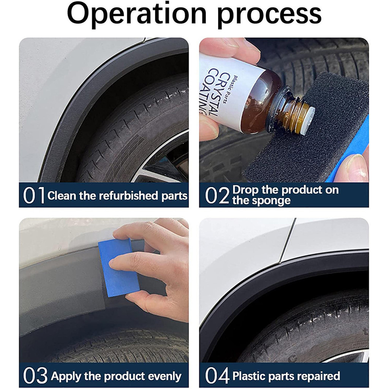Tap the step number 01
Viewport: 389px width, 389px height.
(x=34, y=196)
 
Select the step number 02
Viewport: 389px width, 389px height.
(x=217, y=196)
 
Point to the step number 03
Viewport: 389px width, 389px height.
(x=35, y=376)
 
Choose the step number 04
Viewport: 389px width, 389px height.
(x=217, y=376)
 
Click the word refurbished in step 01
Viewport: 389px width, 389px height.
(x=128, y=196)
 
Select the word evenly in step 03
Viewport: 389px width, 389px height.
(x=164, y=376)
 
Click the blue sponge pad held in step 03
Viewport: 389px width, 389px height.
(x=119, y=267)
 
